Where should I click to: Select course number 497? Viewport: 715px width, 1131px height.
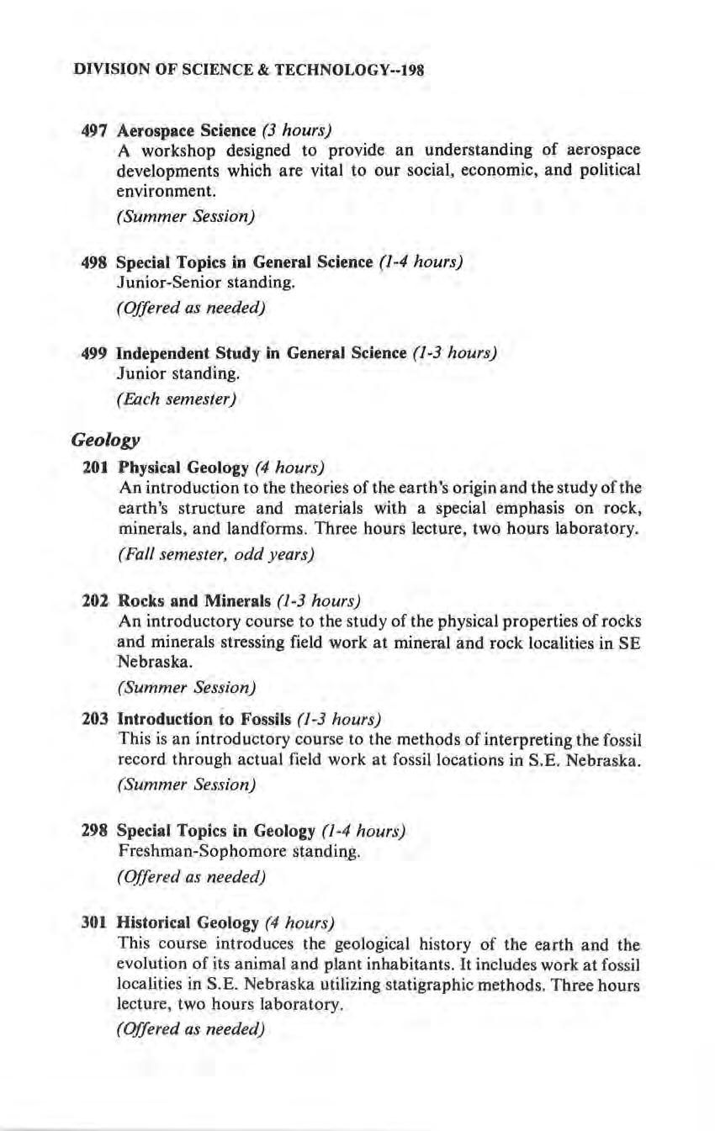[93, 131]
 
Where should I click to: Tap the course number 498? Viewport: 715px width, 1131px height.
[93, 262]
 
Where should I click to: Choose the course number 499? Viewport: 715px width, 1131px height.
[93, 353]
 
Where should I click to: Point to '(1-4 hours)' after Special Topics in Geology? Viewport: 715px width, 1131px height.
[363, 832]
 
